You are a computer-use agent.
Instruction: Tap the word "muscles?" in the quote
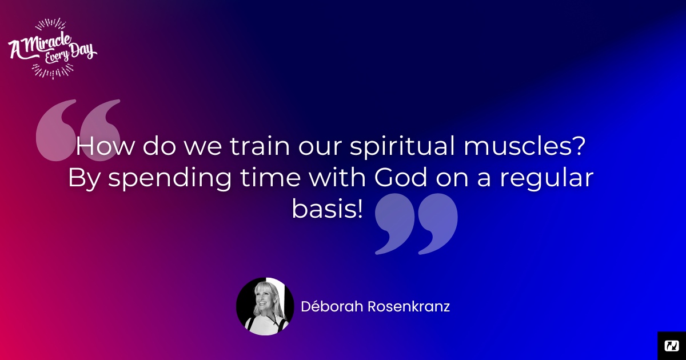click(x=525, y=146)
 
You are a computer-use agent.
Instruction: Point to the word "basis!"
click(x=328, y=209)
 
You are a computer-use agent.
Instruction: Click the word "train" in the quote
click(x=260, y=146)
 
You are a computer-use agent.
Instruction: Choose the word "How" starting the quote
click(x=105, y=146)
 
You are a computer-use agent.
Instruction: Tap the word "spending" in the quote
click(x=170, y=179)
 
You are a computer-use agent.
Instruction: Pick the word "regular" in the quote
click(x=547, y=179)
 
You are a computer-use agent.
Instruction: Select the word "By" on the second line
click(x=84, y=179)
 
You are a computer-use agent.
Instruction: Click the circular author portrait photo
click(x=265, y=306)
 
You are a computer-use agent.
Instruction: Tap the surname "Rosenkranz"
click(x=409, y=306)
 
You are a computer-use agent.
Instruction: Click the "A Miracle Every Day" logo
click(x=53, y=49)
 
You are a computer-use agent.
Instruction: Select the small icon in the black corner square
click(x=672, y=346)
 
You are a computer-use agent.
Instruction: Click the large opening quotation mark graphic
click(x=78, y=130)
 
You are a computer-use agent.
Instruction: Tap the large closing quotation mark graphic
click(x=417, y=224)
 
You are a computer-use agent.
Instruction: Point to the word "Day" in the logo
click(x=81, y=51)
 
